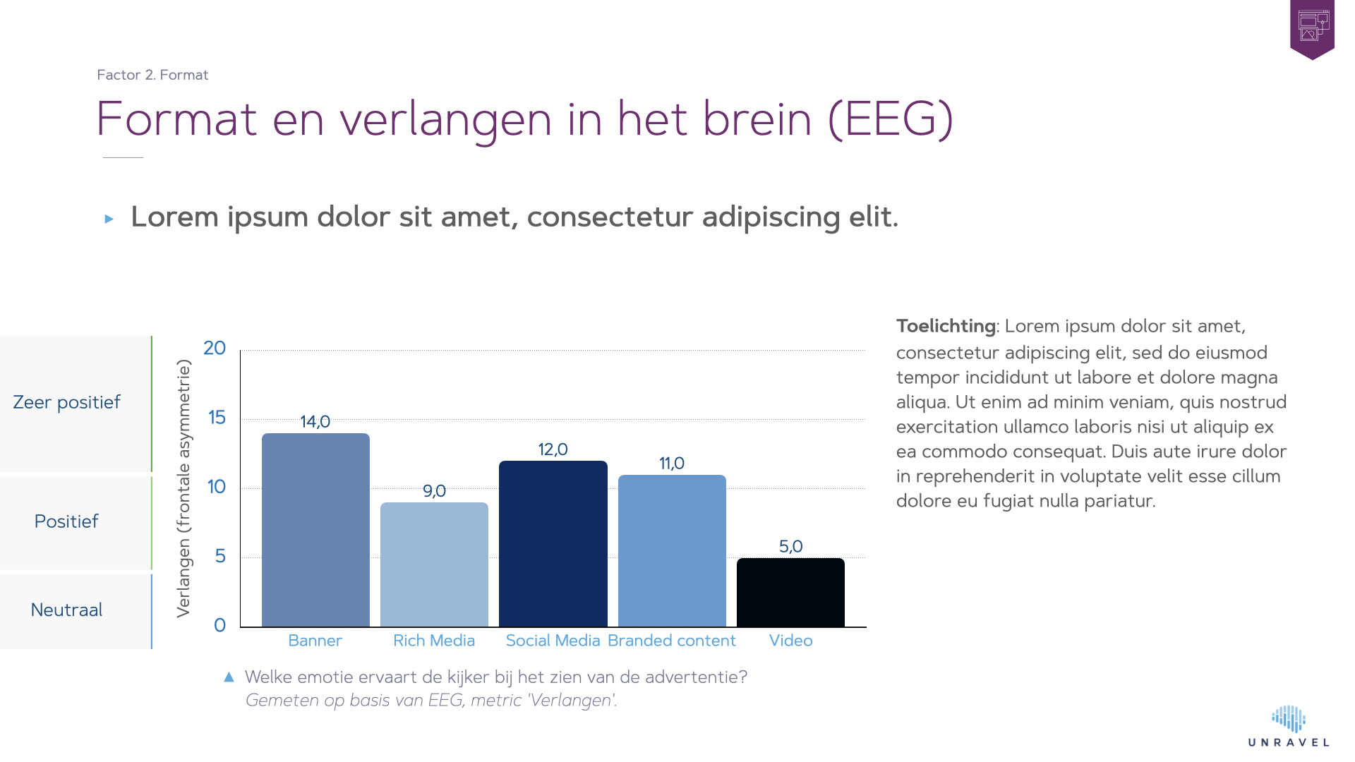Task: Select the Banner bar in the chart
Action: pyautogui.click(x=315, y=530)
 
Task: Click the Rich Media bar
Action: pyautogui.click(x=434, y=564)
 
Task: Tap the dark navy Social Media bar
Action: pyautogui.click(x=553, y=544)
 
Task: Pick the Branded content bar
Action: pyautogui.click(x=672, y=551)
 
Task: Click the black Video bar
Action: pyautogui.click(x=790, y=593)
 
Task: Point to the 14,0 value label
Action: pyautogui.click(x=315, y=422)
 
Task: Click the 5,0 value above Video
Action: pyautogui.click(x=790, y=547)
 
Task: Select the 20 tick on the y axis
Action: pyautogui.click(x=215, y=348)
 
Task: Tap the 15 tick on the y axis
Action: pyautogui.click(x=217, y=418)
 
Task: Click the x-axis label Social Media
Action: pyautogui.click(x=553, y=641)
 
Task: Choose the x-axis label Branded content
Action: pyautogui.click(x=671, y=641)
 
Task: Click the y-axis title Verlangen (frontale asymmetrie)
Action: pyautogui.click(x=183, y=488)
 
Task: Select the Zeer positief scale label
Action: pyautogui.click(x=66, y=402)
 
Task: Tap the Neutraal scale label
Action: pyautogui.click(x=66, y=610)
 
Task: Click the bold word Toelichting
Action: pyautogui.click(x=946, y=326)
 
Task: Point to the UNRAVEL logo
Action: pyautogui.click(x=1289, y=727)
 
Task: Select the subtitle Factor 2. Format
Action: pyautogui.click(x=152, y=75)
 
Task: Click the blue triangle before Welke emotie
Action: pyautogui.click(x=229, y=677)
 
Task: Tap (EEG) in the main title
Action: pyautogui.click(x=891, y=119)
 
